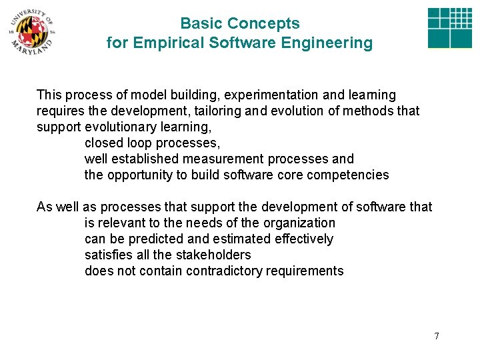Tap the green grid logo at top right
point(449,29)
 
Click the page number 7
point(437,336)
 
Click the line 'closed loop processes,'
point(152,143)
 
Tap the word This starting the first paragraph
point(49,95)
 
